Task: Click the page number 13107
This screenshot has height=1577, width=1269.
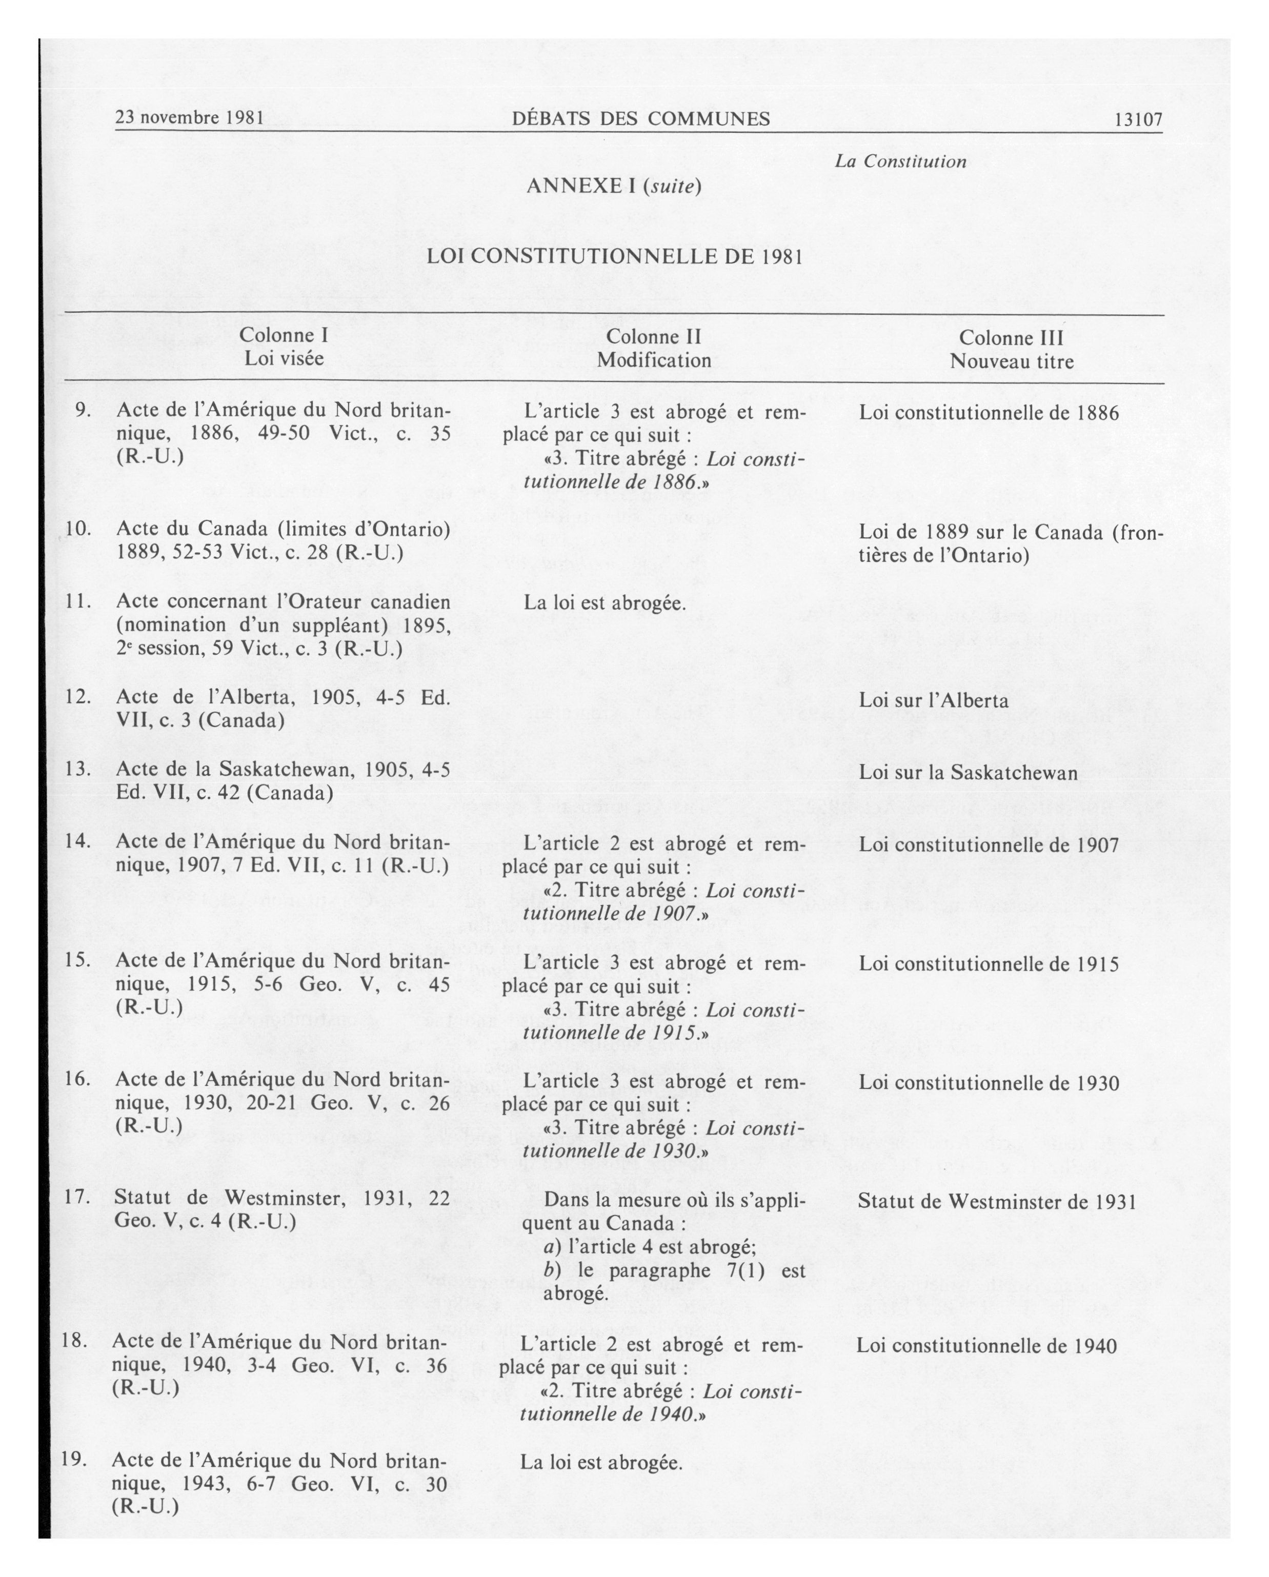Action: pyautogui.click(x=1138, y=119)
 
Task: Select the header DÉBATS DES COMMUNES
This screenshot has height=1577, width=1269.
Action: pyautogui.click(x=641, y=118)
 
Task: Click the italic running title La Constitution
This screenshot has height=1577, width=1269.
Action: pyautogui.click(x=900, y=161)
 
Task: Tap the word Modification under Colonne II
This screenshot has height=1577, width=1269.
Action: pyautogui.click(x=654, y=360)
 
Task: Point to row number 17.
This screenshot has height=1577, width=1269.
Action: pyautogui.click(x=77, y=1197)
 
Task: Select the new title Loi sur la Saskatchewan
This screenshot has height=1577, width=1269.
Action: pyautogui.click(x=968, y=773)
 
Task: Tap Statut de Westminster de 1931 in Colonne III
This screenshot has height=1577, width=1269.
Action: pyautogui.click(x=996, y=1201)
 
